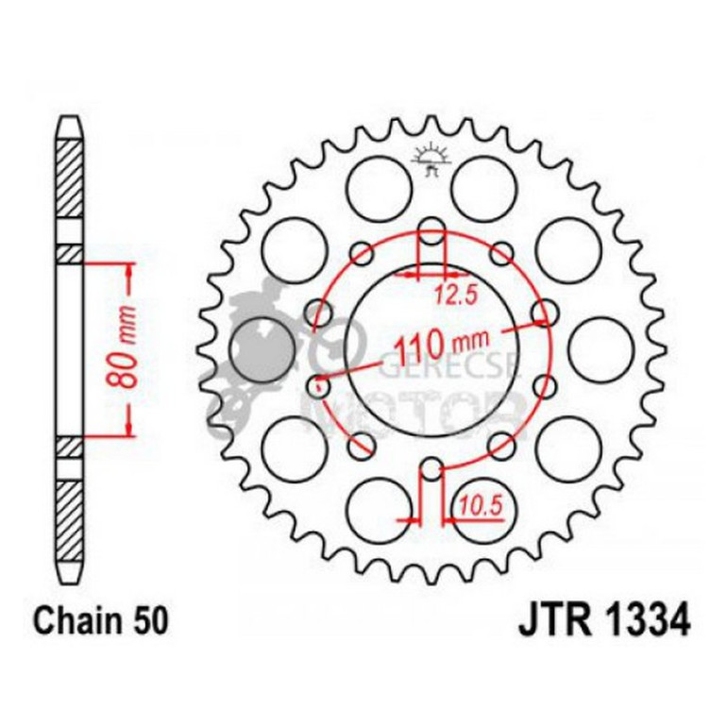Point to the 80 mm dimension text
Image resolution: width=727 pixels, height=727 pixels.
[x=125, y=347]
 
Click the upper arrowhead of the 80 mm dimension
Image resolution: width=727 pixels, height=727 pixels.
[x=128, y=269]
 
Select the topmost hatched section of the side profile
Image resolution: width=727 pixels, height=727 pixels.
[x=71, y=179]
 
